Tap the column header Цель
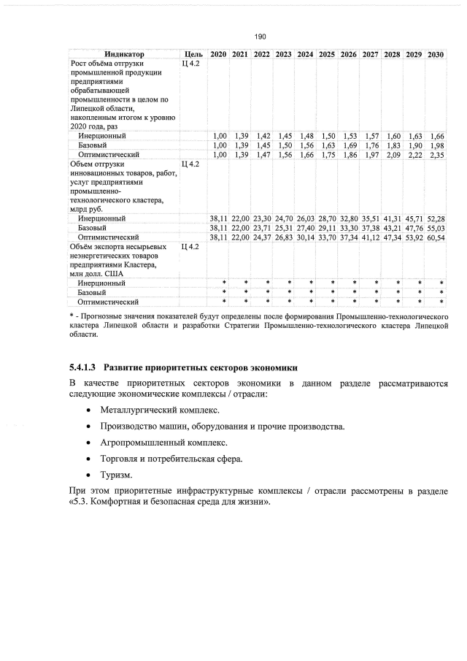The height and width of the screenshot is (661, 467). [193, 55]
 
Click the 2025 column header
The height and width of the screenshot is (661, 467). [327, 55]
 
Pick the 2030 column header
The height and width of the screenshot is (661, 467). [436, 55]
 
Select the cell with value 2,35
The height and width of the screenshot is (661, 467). [436, 155]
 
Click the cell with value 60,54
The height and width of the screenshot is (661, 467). [436, 237]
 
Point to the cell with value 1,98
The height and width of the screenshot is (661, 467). [436, 145]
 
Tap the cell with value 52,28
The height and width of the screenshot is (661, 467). [436, 218]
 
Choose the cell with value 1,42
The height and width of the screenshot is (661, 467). [263, 136]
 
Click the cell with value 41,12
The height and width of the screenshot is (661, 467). [371, 237]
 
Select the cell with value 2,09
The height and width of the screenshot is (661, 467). [393, 155]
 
